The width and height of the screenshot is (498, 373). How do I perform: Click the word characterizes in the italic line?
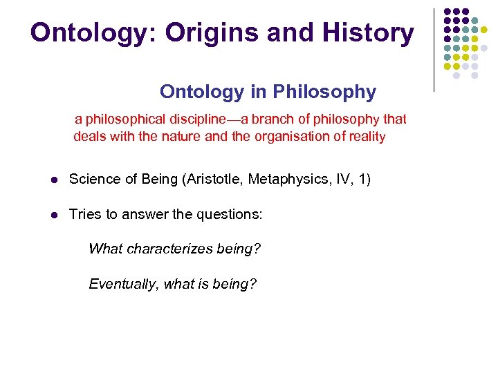[x=174, y=249]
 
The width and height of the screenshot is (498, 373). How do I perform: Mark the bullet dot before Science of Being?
[x=53, y=180]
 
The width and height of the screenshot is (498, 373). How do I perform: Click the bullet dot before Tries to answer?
[x=53, y=216]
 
